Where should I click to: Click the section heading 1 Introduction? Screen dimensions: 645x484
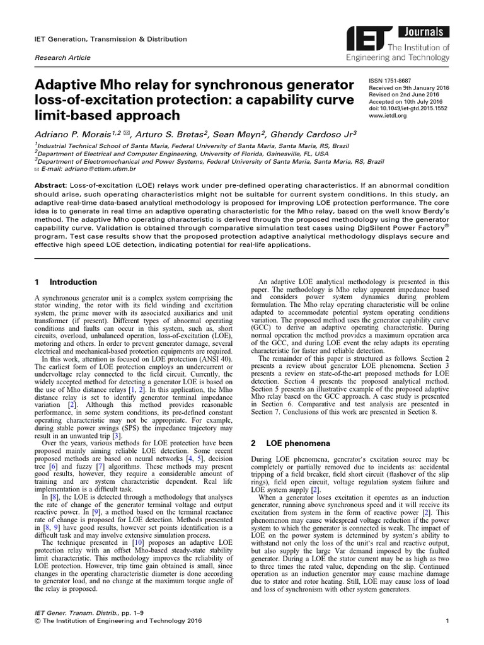pos(66,282)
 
